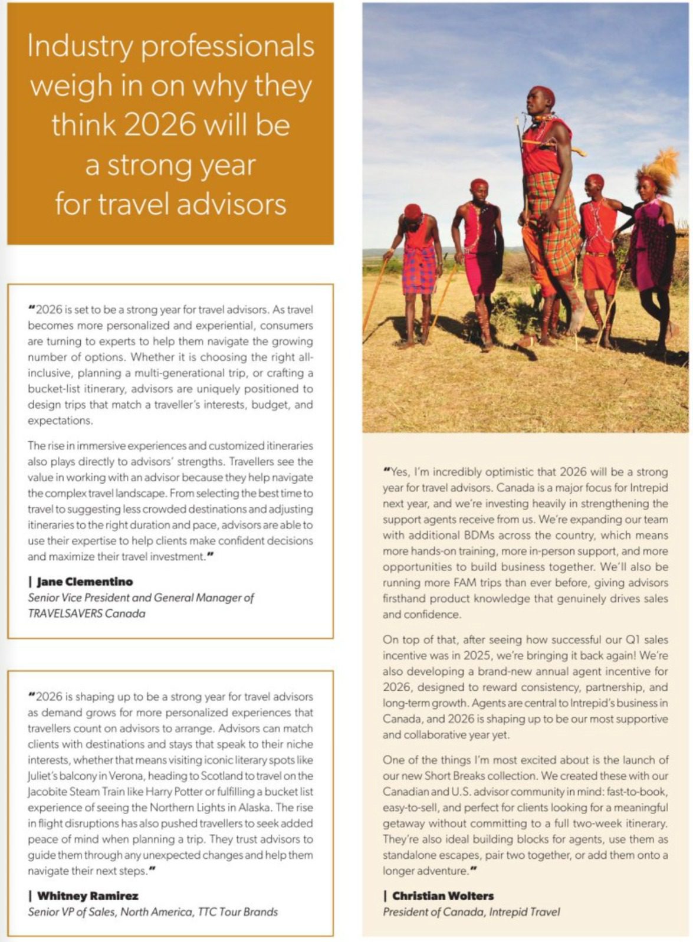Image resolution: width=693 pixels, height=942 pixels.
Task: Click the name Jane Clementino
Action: (84, 582)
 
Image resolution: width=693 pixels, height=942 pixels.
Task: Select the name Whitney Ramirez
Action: (87, 895)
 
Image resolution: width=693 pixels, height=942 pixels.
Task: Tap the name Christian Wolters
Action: (443, 895)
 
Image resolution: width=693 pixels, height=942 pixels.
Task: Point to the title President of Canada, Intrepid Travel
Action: (471, 912)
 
